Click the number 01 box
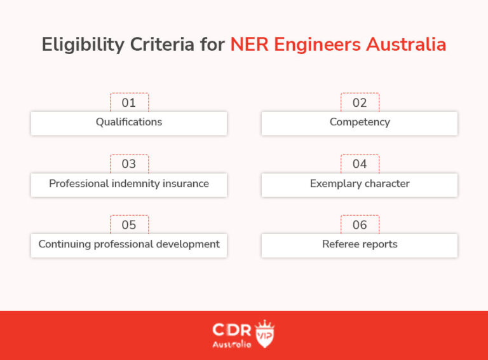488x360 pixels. (x=129, y=102)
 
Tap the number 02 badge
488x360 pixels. (x=360, y=102)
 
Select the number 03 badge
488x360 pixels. (x=129, y=163)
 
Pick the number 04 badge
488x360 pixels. (x=360, y=163)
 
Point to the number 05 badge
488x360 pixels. (x=129, y=225)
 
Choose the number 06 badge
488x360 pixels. (x=360, y=225)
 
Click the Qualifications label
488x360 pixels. (x=129, y=122)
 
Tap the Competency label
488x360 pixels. (x=360, y=122)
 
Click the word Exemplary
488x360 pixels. (x=334, y=183)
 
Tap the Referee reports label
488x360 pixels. (x=360, y=244)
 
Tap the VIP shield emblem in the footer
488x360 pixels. (x=264, y=333)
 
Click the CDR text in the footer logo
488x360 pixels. (x=232, y=330)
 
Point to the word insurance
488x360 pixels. (x=184, y=183)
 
